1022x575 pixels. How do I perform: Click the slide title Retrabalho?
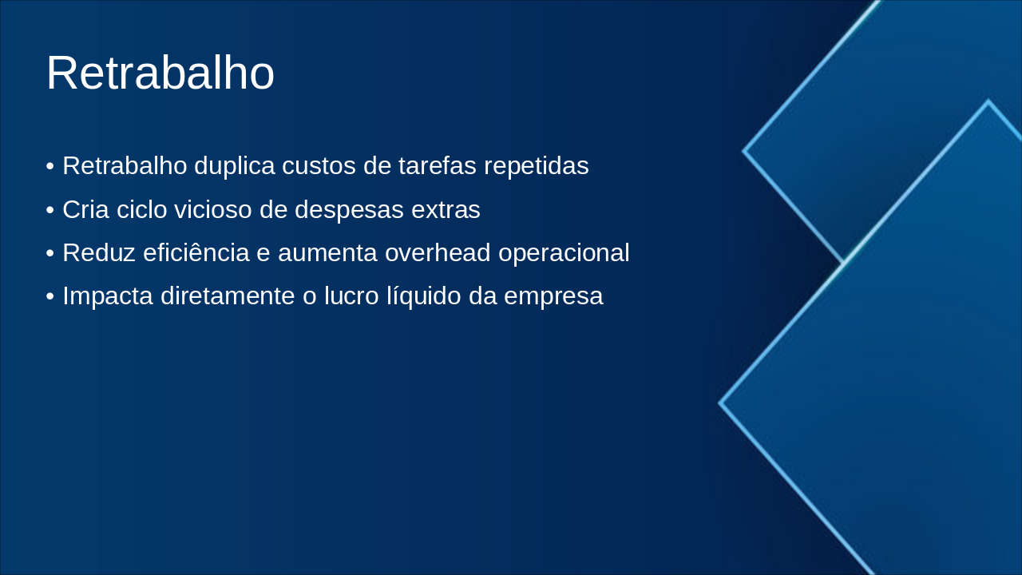click(160, 73)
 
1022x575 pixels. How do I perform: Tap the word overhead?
click(438, 253)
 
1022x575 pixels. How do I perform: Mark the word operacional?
click(564, 253)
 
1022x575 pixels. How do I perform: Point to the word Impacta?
click(108, 296)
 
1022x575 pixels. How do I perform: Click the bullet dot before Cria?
click(50, 211)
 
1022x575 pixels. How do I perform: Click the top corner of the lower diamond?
click(988, 101)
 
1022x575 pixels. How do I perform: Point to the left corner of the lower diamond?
click(721, 403)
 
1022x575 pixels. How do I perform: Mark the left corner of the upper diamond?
click(744, 150)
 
